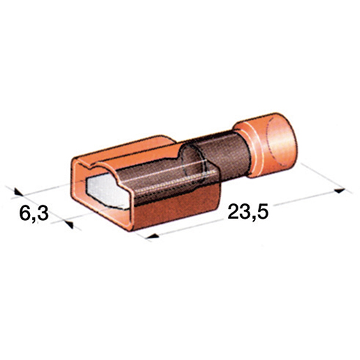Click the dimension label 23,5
[248, 213]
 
